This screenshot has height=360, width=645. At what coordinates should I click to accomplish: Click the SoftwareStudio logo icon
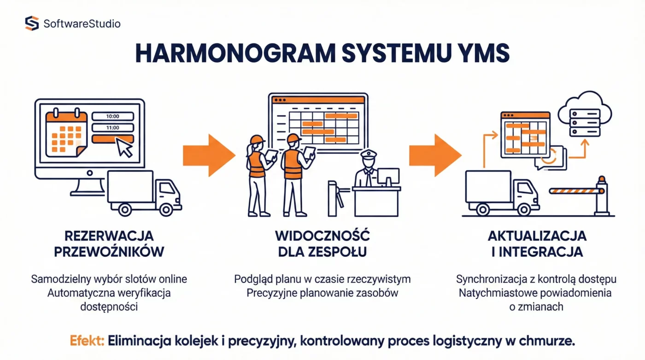(32, 23)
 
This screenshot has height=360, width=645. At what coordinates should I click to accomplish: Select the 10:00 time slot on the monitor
(112, 117)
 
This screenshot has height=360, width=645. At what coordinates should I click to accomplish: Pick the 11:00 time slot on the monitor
(112, 128)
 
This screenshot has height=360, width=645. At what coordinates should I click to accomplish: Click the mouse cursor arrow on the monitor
(124, 147)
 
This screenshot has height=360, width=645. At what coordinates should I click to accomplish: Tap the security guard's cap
(369, 154)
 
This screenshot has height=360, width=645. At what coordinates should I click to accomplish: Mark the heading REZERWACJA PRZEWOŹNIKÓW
(109, 244)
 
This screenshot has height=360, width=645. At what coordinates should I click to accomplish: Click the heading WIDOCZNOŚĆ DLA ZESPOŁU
(322, 244)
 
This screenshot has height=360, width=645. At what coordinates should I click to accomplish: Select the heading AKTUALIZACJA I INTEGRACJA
(537, 244)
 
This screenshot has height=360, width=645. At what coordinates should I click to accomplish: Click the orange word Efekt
(88, 341)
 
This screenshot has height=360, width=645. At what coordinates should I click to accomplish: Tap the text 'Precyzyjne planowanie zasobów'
(322, 293)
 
